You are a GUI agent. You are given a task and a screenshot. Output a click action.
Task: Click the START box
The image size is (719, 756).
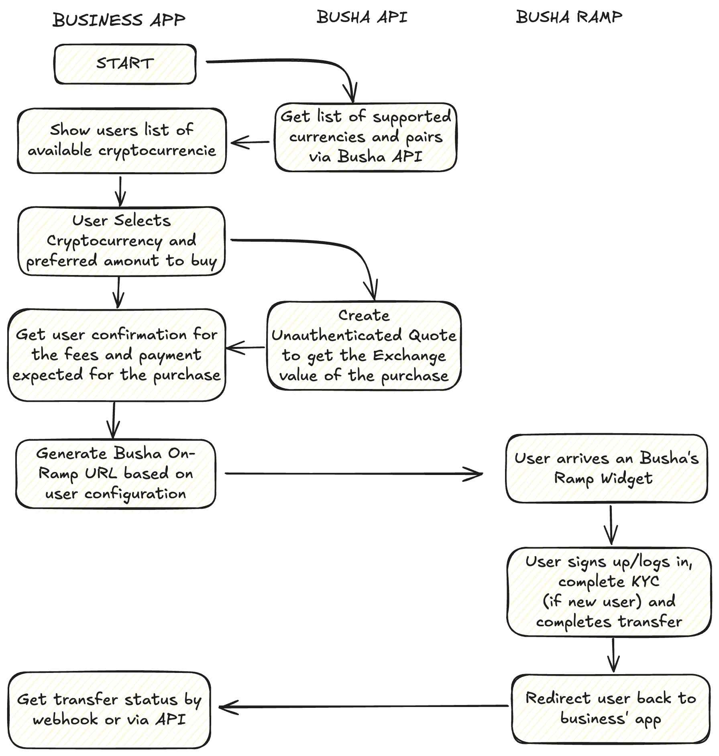(125, 64)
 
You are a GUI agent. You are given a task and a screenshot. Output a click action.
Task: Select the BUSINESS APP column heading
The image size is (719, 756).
(119, 20)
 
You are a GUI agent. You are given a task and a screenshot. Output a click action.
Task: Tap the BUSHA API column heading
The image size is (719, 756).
(362, 17)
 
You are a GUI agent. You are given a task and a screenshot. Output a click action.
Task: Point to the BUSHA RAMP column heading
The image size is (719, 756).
(569, 17)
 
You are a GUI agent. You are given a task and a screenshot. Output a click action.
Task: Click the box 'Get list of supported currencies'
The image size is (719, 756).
(366, 137)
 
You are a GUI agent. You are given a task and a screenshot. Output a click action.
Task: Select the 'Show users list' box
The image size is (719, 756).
(122, 141)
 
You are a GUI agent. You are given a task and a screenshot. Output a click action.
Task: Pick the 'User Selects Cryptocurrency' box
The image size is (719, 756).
(121, 241)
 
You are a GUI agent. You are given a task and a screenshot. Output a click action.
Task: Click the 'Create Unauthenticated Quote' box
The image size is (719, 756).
(364, 346)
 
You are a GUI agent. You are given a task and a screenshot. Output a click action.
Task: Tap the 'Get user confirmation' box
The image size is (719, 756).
(116, 355)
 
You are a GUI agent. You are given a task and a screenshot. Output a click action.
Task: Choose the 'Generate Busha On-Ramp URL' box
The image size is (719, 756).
(116, 474)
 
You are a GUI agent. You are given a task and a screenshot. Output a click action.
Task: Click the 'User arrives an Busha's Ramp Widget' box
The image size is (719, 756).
(606, 469)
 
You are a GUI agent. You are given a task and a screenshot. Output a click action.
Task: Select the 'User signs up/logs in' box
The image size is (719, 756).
(609, 591)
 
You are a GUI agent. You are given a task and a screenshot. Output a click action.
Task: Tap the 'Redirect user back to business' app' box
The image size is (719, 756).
(611, 709)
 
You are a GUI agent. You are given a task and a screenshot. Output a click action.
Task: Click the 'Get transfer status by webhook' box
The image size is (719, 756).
(109, 710)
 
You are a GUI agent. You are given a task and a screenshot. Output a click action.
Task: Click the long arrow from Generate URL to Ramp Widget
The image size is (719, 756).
(353, 474)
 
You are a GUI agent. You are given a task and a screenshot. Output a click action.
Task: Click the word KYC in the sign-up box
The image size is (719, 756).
(645, 581)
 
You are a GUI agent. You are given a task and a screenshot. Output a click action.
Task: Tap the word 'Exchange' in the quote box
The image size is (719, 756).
(409, 356)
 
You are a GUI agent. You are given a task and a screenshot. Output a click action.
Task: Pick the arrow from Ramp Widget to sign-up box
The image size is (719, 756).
(611, 524)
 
